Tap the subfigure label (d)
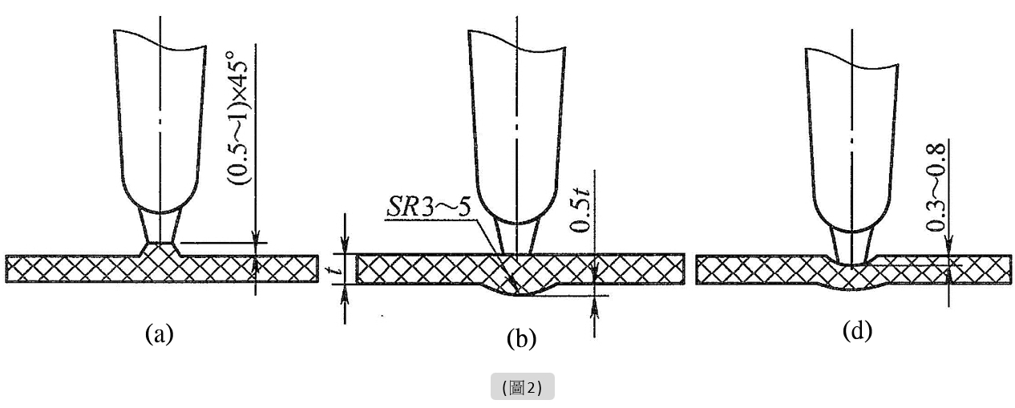tap(858, 329)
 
